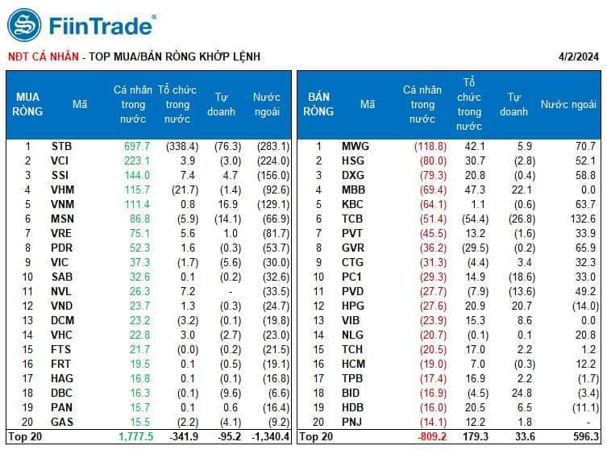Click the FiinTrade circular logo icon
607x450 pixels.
click(x=24, y=25)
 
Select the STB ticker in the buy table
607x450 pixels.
click(x=61, y=146)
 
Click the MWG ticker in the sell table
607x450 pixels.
click(x=355, y=146)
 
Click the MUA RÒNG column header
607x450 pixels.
click(x=27, y=104)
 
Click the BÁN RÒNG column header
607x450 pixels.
click(x=318, y=104)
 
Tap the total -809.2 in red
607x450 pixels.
click(x=428, y=436)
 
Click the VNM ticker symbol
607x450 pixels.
click(x=62, y=204)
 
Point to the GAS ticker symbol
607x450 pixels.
click(x=61, y=422)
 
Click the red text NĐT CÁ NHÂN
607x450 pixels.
click(x=44, y=56)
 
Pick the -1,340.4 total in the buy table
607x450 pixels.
click(x=264, y=436)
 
